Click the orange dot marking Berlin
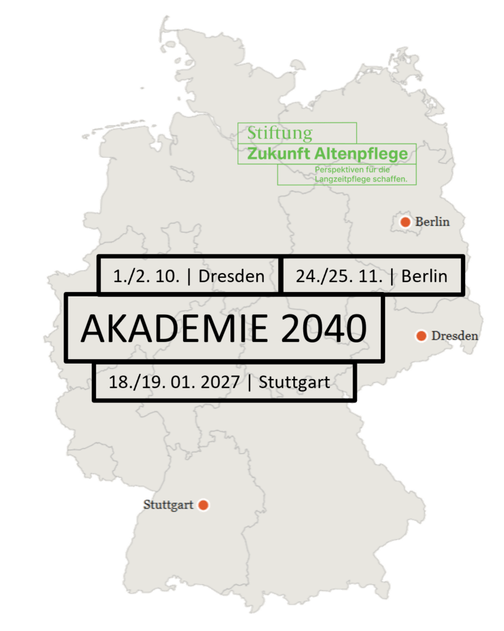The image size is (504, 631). click(x=405, y=222)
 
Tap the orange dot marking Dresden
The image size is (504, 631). click(x=421, y=336)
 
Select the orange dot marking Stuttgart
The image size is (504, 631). click(x=203, y=505)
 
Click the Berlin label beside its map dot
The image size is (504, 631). click(x=433, y=222)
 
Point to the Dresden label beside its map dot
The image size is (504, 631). click(x=455, y=336)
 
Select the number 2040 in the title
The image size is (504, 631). click(x=323, y=328)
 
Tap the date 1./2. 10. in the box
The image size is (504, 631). click(x=147, y=276)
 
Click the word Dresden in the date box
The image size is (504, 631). click(x=232, y=276)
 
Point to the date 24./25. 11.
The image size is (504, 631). click(x=339, y=276)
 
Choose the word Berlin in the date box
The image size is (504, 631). click(x=425, y=276)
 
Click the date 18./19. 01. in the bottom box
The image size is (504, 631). click(x=144, y=382)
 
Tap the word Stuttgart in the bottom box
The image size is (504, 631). click(x=294, y=382)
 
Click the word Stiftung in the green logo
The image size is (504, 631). click(x=280, y=132)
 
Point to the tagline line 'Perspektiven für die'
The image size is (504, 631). click(x=357, y=169)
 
